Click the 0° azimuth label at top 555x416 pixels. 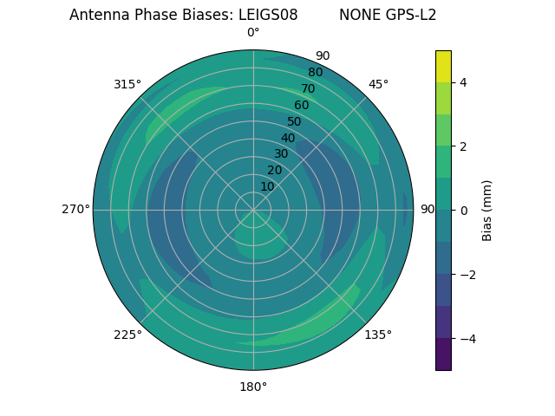click(x=253, y=33)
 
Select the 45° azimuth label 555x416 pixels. click(x=378, y=84)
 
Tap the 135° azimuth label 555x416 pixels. click(x=378, y=335)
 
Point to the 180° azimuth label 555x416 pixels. click(x=253, y=387)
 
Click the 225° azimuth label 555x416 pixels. click(x=127, y=335)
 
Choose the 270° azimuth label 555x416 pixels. click(x=75, y=209)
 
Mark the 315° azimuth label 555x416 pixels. click(x=127, y=84)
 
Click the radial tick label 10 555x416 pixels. click(x=267, y=186)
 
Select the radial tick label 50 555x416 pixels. click(x=295, y=121)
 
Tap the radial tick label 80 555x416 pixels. click(x=315, y=72)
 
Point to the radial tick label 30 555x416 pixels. click(x=281, y=154)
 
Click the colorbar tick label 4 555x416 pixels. click(x=463, y=82)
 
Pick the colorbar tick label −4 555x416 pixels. click(x=467, y=339)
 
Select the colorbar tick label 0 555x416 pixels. click(x=463, y=211)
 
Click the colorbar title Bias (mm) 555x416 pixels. click(x=487, y=211)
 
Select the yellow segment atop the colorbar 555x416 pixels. click(x=443, y=66)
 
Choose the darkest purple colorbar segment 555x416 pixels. click(x=443, y=354)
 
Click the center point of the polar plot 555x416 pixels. click(x=253, y=210)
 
